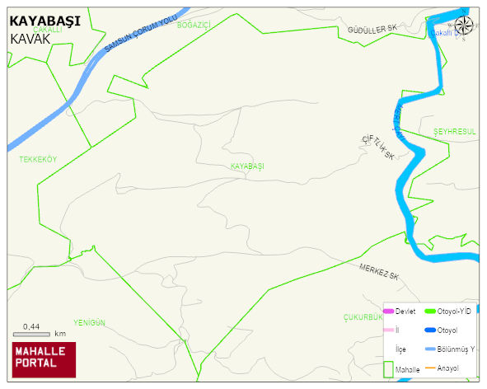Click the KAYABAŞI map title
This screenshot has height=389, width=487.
pos(44,22)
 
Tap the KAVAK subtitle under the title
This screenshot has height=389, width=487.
pos(37,39)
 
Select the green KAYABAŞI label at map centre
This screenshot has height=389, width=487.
pos(248,166)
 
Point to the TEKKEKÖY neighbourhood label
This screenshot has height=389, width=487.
pos(39,160)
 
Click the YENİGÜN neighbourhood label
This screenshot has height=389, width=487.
pos(90,322)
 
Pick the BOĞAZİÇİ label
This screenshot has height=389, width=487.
pos(194,26)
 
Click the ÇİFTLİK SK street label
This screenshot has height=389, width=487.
pos(377,148)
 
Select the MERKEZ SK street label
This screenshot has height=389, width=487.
pos(379,270)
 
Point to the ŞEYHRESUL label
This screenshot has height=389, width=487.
pos(455,132)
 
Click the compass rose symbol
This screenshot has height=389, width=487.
pos(464,26)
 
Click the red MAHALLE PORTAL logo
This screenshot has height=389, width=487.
pos(44,358)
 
